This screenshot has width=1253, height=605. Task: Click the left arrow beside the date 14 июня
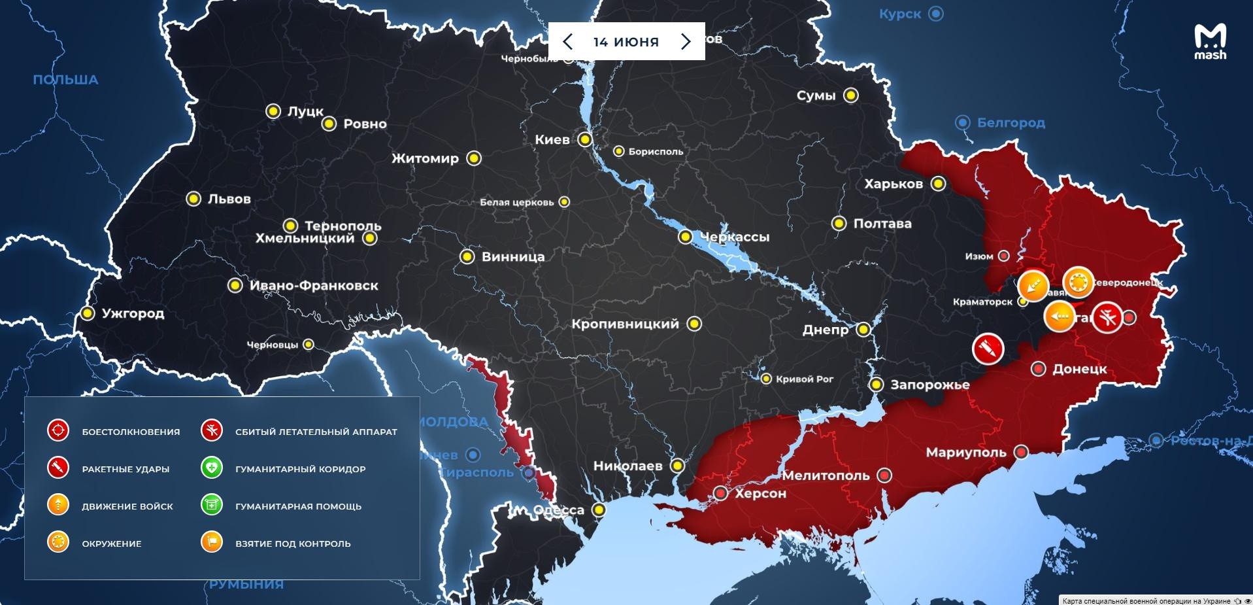[567, 42]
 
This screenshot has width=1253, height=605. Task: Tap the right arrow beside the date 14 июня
[686, 42]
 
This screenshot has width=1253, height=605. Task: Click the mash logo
[1210, 42]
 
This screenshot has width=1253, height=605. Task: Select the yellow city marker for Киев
[585, 139]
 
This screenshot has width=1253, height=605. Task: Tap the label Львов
[229, 199]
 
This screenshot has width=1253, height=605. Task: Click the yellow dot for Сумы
[850, 95]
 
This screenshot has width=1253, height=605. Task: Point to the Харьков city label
[894, 184]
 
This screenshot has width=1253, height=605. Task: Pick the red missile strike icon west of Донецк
[988, 348]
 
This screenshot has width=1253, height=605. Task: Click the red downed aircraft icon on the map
[1107, 318]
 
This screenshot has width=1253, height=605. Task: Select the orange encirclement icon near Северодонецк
[1078, 283]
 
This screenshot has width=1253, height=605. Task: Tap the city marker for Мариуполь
[1021, 452]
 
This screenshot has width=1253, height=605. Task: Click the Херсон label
[760, 493]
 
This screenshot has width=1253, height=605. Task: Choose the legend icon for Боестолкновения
[58, 431]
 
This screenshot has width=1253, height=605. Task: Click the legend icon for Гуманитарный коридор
[212, 468]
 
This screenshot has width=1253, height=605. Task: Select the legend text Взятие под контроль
[293, 544]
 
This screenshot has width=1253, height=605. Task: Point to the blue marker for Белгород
[962, 122]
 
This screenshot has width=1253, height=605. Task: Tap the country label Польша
[65, 80]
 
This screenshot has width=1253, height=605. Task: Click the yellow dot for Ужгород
[88, 313]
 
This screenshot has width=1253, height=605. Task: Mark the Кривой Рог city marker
[766, 379]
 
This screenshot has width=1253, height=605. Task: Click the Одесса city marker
[599, 510]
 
